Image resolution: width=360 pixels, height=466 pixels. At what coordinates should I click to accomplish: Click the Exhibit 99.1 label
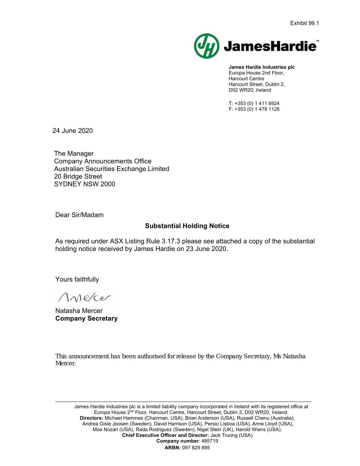(304, 23)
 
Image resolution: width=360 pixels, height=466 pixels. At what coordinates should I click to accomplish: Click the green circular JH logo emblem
(206, 46)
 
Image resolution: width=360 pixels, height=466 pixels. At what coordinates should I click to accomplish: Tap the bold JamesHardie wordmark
(270, 46)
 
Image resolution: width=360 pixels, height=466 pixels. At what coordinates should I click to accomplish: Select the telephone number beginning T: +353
(254, 103)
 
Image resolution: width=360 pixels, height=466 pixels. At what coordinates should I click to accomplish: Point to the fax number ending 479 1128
(254, 109)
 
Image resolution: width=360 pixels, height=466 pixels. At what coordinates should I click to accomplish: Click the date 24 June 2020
(73, 131)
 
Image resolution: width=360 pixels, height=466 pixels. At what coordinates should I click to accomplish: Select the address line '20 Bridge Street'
(78, 176)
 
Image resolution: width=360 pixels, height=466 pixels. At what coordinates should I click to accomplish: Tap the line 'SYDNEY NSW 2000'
(85, 184)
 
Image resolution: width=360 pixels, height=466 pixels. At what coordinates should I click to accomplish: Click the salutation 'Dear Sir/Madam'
(80, 215)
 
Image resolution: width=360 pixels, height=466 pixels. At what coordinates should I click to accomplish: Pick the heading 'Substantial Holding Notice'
(187, 226)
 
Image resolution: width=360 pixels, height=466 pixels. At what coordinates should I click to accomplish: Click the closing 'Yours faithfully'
(77, 280)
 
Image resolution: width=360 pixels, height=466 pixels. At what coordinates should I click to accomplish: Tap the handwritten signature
(85, 298)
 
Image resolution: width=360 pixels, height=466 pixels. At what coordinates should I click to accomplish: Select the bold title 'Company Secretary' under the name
(86, 319)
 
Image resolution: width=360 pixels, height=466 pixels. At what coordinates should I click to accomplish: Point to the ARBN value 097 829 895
(196, 448)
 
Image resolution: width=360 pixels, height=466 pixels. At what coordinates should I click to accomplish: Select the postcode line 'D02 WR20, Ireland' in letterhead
(250, 90)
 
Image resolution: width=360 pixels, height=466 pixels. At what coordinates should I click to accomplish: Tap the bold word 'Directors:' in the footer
(91, 418)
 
